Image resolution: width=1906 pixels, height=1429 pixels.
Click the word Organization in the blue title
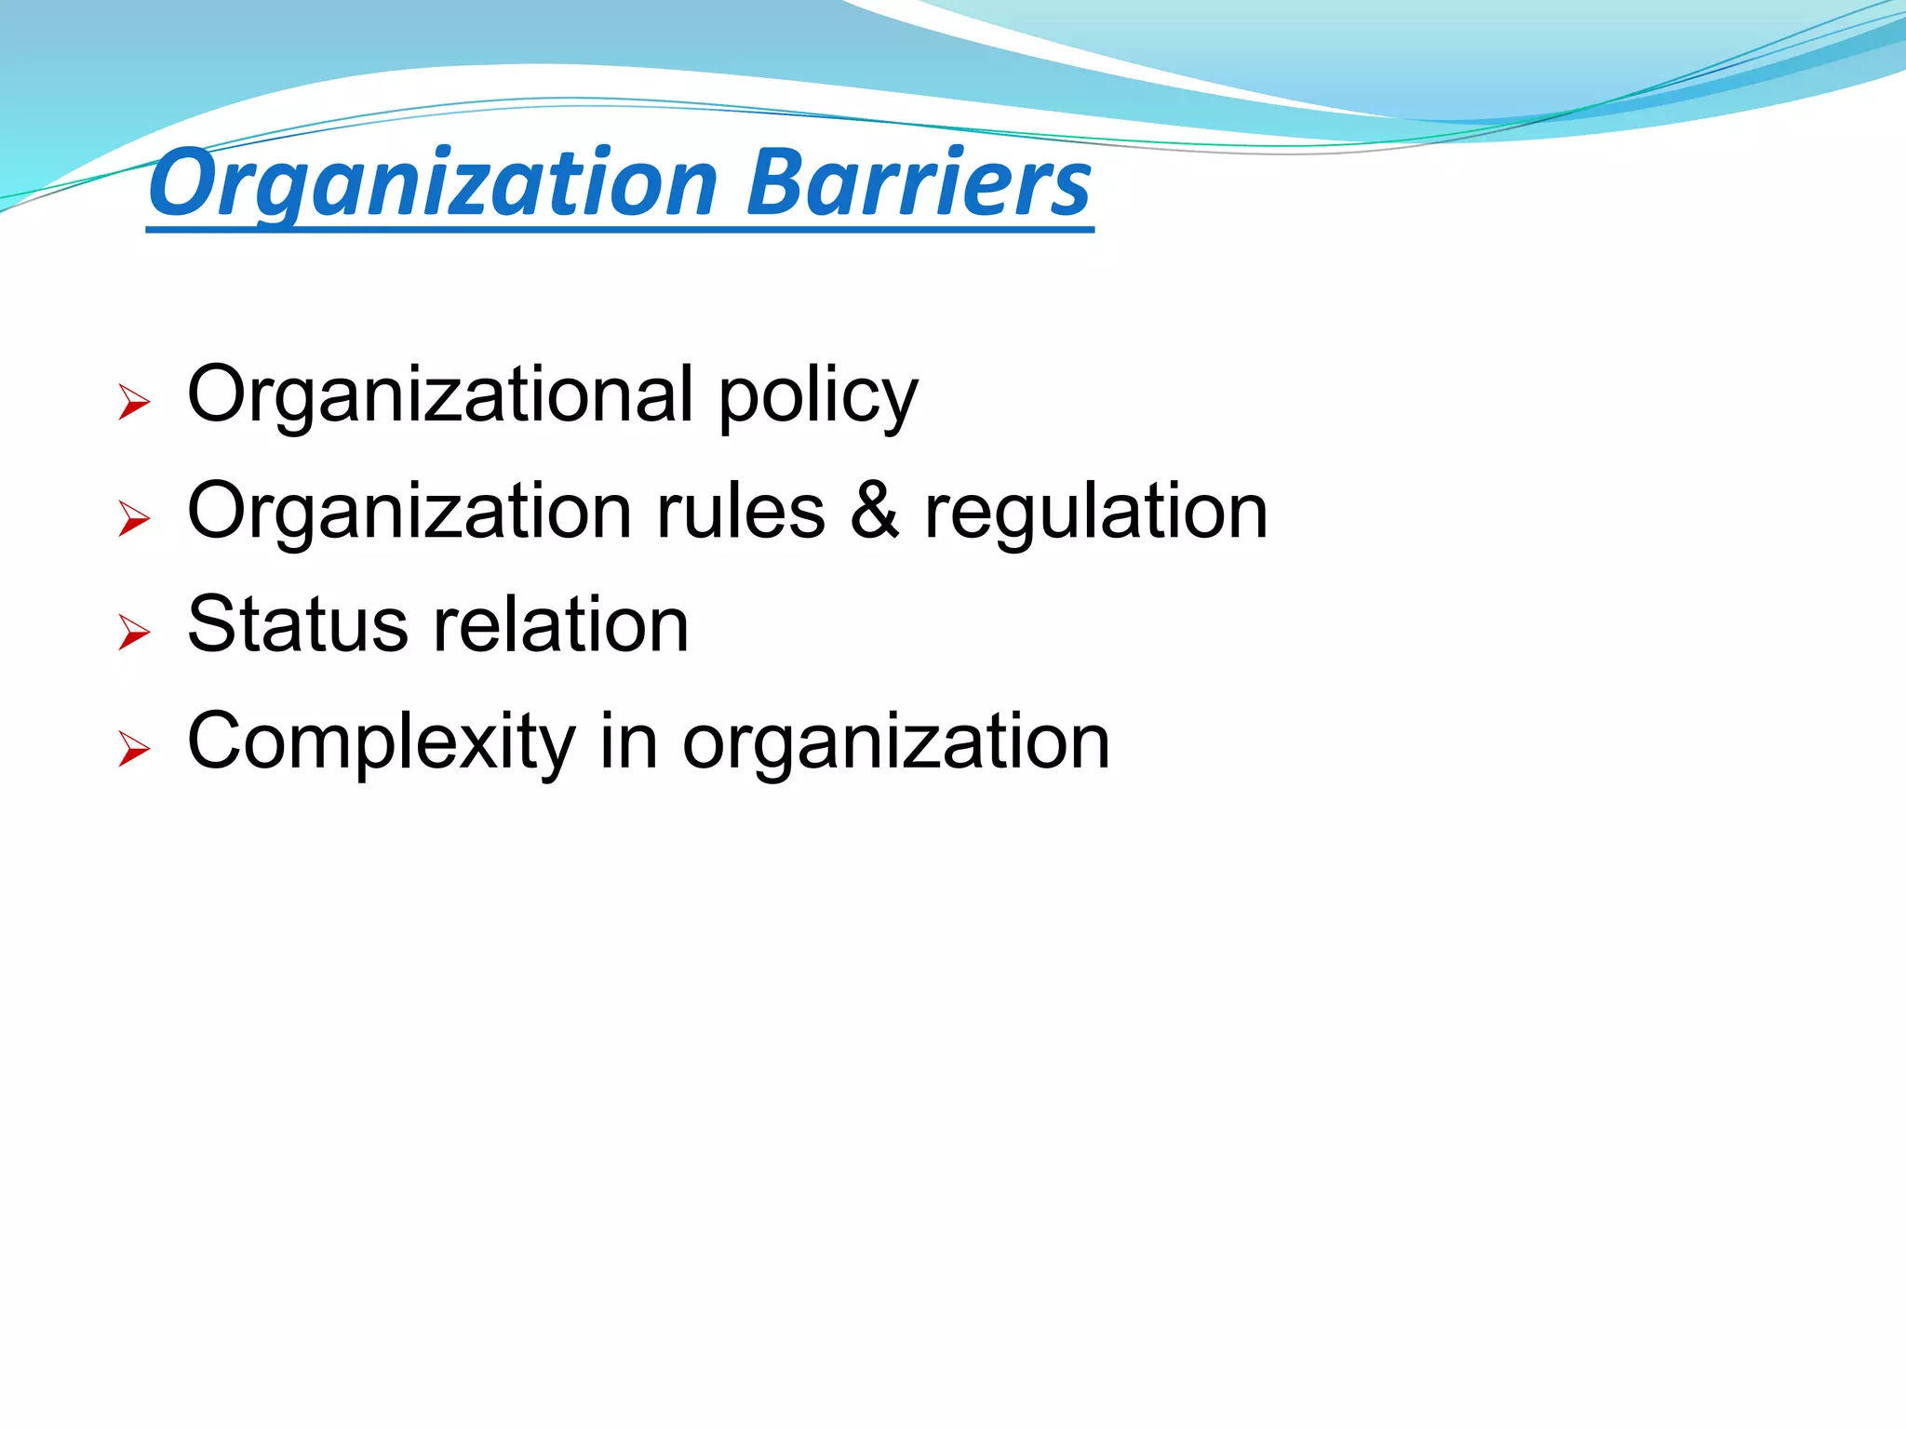pos(433,183)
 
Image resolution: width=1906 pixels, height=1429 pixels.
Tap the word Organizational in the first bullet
pos(440,394)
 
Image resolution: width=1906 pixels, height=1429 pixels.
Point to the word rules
pos(741,511)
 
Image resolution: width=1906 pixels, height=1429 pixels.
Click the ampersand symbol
pos(875,511)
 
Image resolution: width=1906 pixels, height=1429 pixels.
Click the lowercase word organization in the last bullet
pos(896,745)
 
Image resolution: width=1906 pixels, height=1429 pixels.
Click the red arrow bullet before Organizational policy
pos(134,403)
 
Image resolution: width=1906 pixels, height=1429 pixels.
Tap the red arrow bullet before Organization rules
pos(134,519)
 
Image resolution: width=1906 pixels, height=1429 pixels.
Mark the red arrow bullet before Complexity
pos(134,750)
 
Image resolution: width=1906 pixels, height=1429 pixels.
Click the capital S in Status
pos(208,624)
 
